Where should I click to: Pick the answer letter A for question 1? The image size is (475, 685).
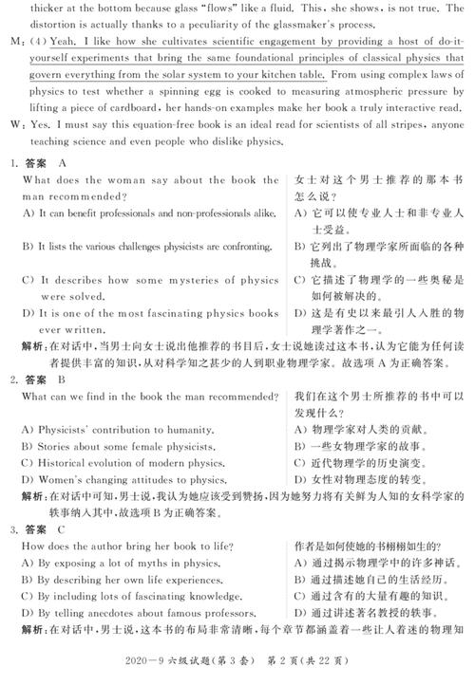(63, 163)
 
